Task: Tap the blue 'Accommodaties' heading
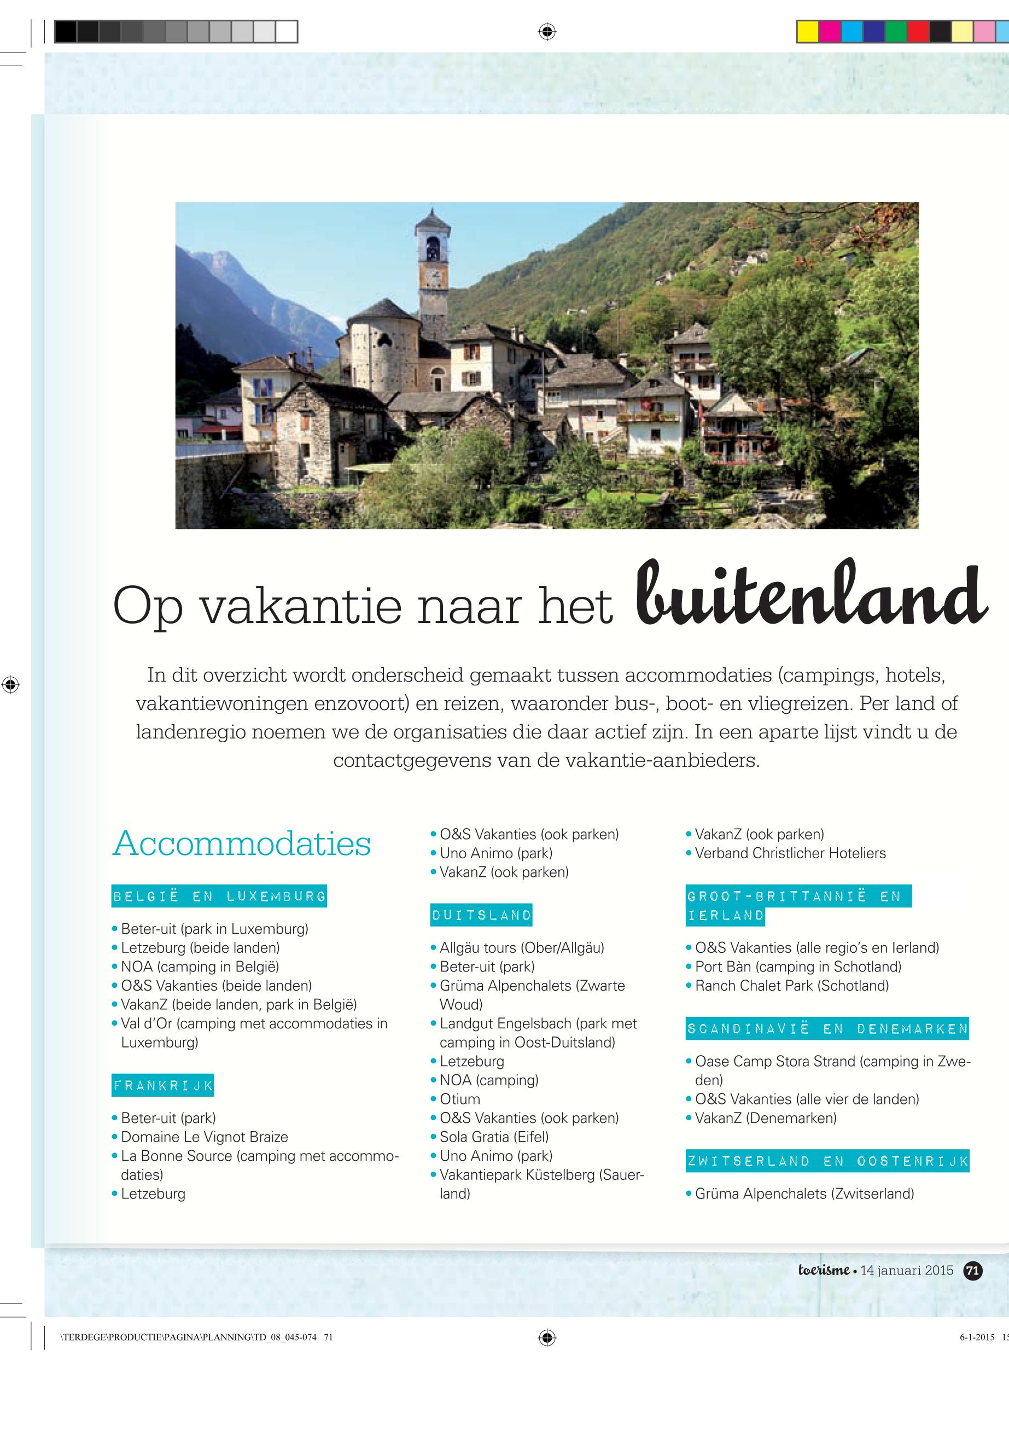pos(242,843)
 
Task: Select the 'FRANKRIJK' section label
pos(163,1086)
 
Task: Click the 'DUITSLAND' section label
pos(481,915)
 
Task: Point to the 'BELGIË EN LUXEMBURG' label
pos(219,896)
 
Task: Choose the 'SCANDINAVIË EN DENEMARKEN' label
pos(827,1029)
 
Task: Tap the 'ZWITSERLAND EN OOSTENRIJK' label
pos(827,1161)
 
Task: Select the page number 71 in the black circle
pos(973,1270)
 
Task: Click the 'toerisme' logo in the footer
pos(823,1270)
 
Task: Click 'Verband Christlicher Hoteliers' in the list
pos(790,853)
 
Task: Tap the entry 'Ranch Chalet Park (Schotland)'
pos(791,986)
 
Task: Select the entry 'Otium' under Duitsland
pos(459,1099)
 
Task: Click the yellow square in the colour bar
pos(807,31)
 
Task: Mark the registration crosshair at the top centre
pos(547,31)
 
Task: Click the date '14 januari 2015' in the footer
pos(907,1270)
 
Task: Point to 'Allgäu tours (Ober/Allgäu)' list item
pos(522,948)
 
